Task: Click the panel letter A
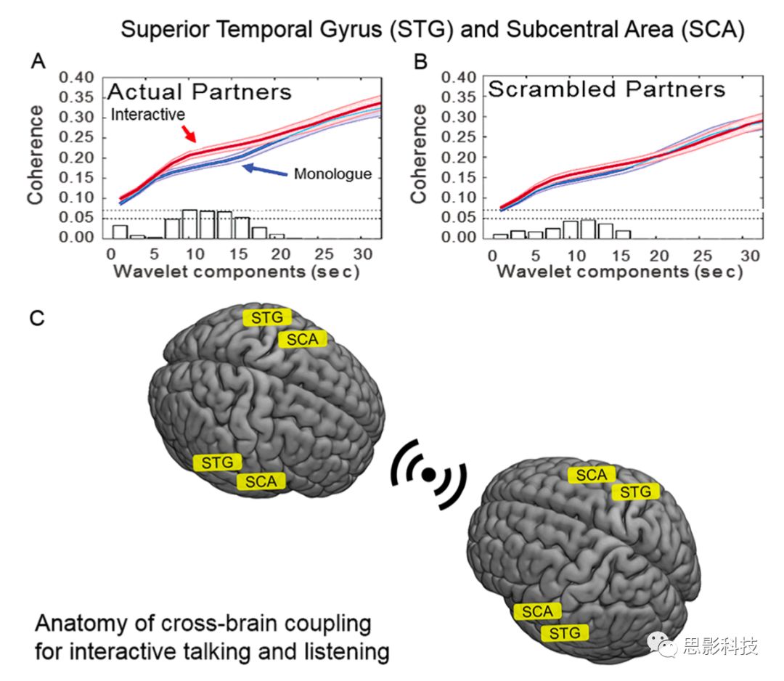(x=38, y=62)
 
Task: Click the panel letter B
(x=420, y=62)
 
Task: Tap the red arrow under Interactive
(x=188, y=132)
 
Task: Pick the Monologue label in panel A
(x=332, y=174)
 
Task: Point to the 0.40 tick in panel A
(x=77, y=78)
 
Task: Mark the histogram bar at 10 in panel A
(x=189, y=224)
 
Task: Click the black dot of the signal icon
(x=428, y=473)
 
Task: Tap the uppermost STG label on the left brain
(x=267, y=317)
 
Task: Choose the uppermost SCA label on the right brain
(x=591, y=475)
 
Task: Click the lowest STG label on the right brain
(x=565, y=632)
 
